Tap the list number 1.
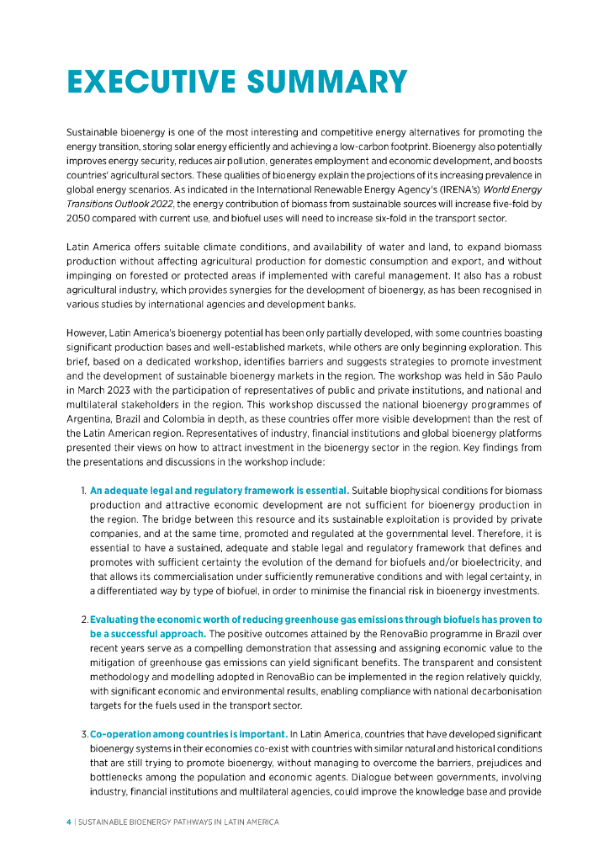[83, 490]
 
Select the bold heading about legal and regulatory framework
[220, 490]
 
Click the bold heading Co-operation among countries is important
[189, 733]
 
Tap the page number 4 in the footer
[68, 822]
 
